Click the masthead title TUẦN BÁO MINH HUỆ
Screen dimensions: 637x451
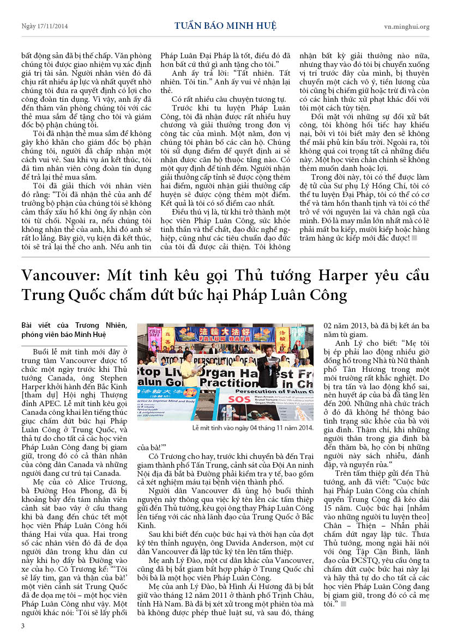225,26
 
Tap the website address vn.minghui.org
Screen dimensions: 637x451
406,27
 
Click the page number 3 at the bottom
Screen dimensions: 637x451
23,626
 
